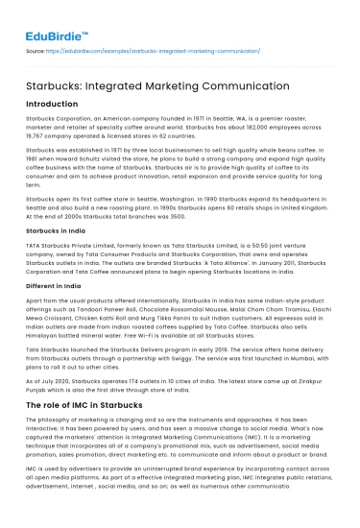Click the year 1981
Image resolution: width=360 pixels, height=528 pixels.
pyautogui.click(x=36, y=158)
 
